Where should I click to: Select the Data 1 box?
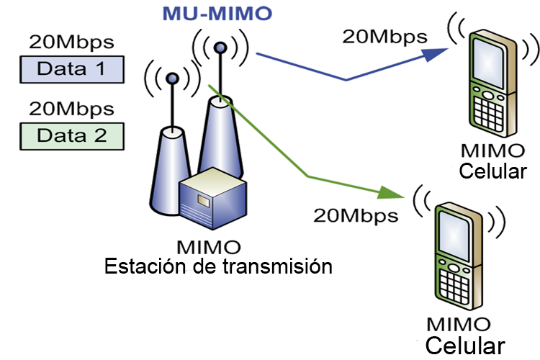71,69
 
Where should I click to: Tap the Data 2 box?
71,135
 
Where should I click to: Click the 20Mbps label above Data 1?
71,42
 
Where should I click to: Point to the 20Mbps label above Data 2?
71,109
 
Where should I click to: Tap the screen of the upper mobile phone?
487,60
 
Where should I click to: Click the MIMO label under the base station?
209,248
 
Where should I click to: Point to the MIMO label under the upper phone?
492,151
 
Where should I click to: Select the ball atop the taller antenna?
220,48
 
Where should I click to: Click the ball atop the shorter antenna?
172,77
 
